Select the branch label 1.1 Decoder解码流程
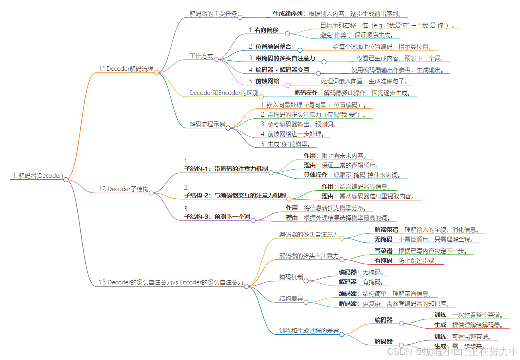[x=126, y=69]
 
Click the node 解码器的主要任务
[x=213, y=13]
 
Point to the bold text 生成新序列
[x=287, y=13]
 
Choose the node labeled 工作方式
[x=201, y=56]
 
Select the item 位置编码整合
[x=273, y=46]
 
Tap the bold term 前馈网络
[x=267, y=81]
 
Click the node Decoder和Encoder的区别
[x=224, y=93]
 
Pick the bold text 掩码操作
[x=306, y=93]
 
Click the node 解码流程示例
[x=207, y=124]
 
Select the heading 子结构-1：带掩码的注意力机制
[x=226, y=169]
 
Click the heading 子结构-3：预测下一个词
[x=217, y=216]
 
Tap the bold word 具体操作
[x=315, y=175]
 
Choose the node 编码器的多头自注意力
[x=309, y=234]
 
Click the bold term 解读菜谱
[x=387, y=230]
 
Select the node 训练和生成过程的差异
[x=309, y=331]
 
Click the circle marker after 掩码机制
[x=306, y=281]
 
